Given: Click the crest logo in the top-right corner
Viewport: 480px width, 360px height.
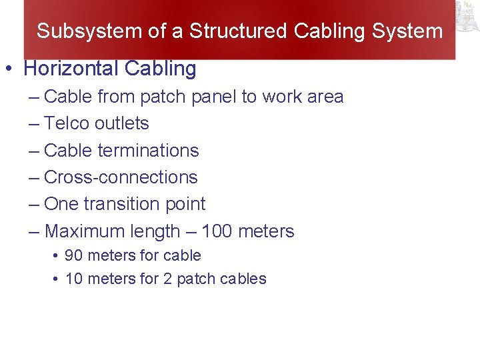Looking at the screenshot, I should [467, 17].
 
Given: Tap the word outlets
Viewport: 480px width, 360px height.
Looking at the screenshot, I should [121, 123].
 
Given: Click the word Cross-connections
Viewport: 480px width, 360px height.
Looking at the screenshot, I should [121, 177].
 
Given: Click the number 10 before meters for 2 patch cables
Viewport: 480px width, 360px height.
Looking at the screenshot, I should [73, 279].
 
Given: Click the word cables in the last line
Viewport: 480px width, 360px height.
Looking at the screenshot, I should [245, 279].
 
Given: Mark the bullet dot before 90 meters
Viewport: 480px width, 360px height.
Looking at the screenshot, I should [56, 256].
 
